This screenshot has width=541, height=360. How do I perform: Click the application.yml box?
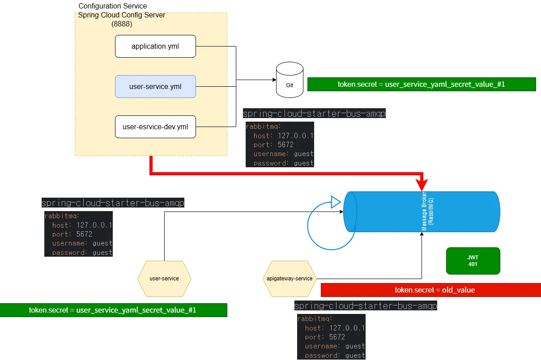(x=155, y=46)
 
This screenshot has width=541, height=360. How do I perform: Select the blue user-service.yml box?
(x=155, y=86)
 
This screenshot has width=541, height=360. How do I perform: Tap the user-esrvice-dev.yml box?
(x=155, y=127)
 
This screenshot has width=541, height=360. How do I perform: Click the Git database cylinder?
(x=290, y=80)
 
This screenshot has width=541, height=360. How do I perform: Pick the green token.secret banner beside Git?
(x=421, y=84)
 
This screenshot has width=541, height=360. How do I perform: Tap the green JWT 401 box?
(x=473, y=261)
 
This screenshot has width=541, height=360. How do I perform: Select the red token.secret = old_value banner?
(x=435, y=290)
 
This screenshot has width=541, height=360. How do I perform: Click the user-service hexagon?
(x=164, y=279)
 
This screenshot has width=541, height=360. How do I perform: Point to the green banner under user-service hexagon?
(x=113, y=310)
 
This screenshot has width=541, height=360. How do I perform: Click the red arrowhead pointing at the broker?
(x=422, y=184)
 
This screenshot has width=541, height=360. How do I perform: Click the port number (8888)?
(x=122, y=24)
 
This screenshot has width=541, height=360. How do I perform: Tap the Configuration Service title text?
(x=112, y=6)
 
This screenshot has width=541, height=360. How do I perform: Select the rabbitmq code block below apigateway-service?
(x=331, y=337)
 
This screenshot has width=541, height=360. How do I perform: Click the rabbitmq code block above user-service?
(x=78, y=234)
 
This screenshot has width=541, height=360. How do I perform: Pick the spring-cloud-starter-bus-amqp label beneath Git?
(x=314, y=114)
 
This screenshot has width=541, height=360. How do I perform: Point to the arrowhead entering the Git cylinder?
(x=273, y=80)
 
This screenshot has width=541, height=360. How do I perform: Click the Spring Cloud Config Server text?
(x=121, y=15)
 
